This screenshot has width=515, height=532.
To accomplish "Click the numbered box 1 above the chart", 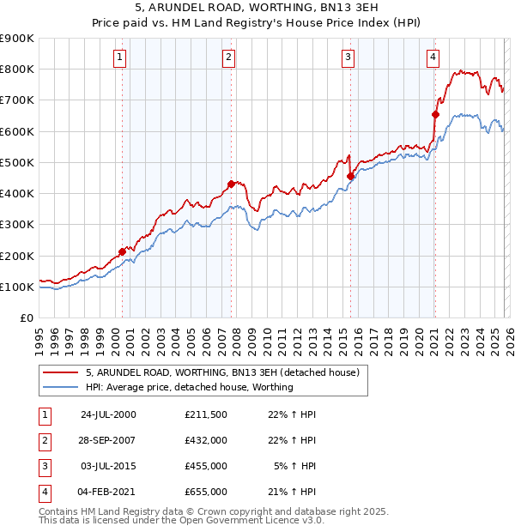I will pyautogui.click(x=118, y=57).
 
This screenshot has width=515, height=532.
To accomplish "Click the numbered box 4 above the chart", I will pyautogui.click(x=433, y=57).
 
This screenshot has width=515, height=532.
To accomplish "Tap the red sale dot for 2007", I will pyautogui.click(x=231, y=183).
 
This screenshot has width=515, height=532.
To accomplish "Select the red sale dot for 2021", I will pyautogui.click(x=435, y=114).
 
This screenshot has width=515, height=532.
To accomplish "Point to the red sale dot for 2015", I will pyautogui.click(x=350, y=176).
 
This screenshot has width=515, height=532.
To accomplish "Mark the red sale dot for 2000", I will pyautogui.click(x=122, y=252).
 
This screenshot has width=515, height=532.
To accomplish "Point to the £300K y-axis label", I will pyautogui.click(x=16, y=225).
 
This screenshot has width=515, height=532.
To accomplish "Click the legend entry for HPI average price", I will pyautogui.click(x=189, y=387).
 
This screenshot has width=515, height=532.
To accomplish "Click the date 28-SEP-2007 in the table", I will pyautogui.click(x=107, y=441).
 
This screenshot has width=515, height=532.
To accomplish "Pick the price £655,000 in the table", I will pyautogui.click(x=206, y=492).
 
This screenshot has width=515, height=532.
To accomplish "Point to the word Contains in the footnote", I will pyautogui.click(x=60, y=511).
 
